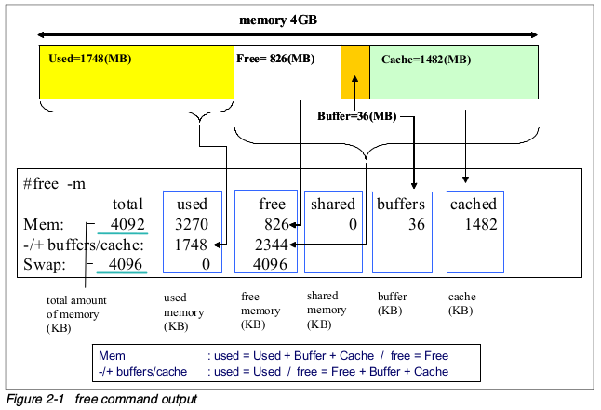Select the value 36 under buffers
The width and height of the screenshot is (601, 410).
click(x=416, y=224)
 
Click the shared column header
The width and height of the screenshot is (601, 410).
click(x=332, y=204)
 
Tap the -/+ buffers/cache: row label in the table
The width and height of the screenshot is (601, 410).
click(x=85, y=245)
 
